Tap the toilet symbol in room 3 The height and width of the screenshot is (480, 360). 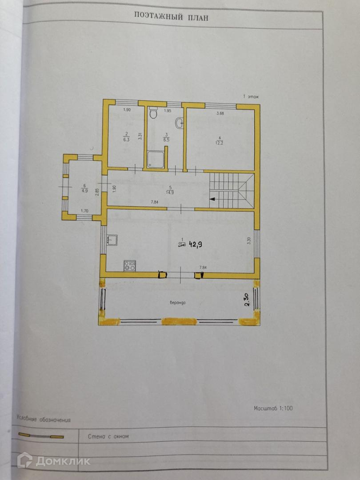click(153, 113)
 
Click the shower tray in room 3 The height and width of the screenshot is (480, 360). click(156, 160)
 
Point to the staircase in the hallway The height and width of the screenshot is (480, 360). click(231, 190)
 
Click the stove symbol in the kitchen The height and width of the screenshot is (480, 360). click(130, 266)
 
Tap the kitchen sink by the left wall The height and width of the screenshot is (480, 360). click(112, 240)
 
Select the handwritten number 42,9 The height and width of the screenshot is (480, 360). click(196, 244)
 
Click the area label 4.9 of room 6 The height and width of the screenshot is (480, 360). click(84, 191)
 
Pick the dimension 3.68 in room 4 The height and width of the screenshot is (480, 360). click(220, 114)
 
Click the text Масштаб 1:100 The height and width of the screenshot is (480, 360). click(273, 408)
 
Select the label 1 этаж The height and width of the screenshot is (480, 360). click(251, 96)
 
